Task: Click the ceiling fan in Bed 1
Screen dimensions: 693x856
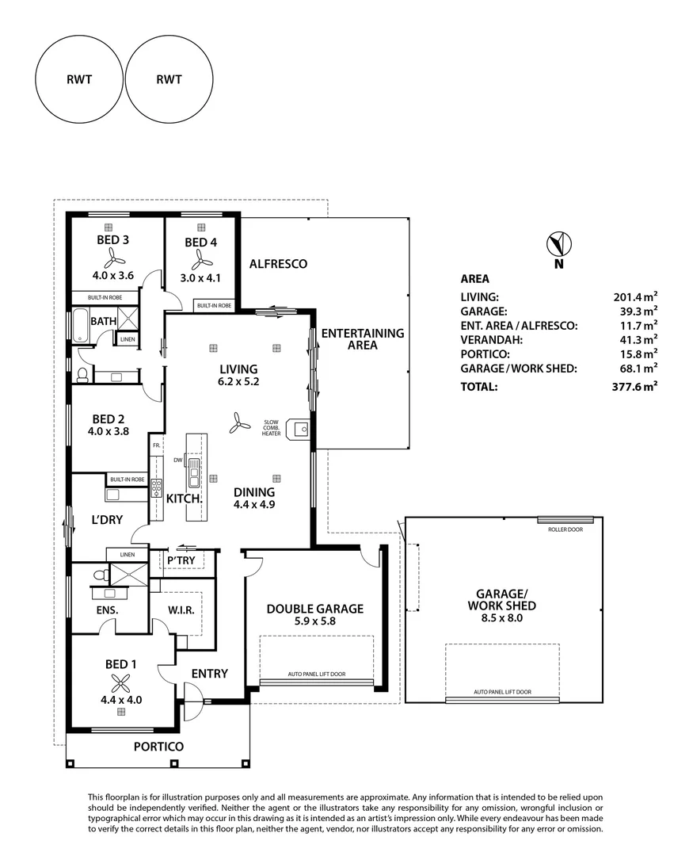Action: point(120,682)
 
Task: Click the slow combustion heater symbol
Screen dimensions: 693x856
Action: point(301,429)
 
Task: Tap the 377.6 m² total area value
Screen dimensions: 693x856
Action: point(634,387)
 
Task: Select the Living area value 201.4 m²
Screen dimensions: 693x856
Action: point(635,297)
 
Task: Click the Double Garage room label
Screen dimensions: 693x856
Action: point(315,609)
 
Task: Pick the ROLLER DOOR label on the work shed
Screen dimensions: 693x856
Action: point(565,529)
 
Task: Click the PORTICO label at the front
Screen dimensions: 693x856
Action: point(158,747)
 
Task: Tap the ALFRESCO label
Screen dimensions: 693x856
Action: point(278,264)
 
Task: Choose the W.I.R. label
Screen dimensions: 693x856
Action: point(181,610)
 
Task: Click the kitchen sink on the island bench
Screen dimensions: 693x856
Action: point(193,472)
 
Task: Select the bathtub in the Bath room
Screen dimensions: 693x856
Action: point(80,326)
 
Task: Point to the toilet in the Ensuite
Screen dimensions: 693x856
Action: point(101,575)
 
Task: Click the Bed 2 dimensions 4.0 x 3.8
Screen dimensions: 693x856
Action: point(108,431)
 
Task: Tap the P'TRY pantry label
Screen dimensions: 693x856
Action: point(181,560)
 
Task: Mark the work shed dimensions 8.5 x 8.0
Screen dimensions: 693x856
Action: point(502,618)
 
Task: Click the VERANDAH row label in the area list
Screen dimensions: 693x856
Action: point(492,340)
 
